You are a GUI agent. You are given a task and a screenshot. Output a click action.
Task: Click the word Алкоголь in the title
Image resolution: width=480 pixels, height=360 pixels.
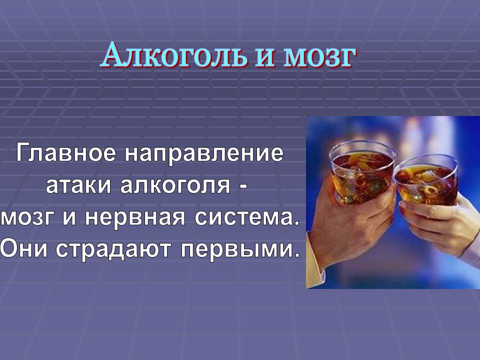click(173, 55)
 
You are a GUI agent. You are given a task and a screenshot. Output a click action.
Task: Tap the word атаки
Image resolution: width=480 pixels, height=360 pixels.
click(78, 185)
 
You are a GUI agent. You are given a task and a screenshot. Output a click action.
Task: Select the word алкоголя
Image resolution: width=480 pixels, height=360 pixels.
click(175, 185)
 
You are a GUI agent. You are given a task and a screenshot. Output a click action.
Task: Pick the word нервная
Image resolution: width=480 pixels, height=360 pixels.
click(135, 218)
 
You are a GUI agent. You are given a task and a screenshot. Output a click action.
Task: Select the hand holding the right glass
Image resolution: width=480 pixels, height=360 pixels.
click(441, 223)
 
